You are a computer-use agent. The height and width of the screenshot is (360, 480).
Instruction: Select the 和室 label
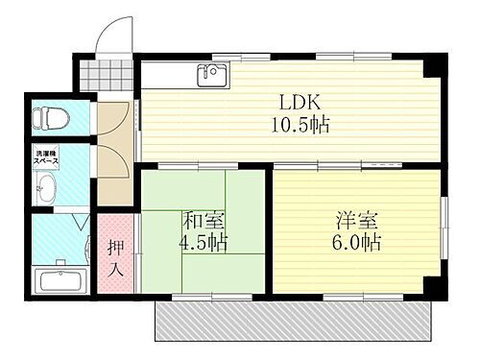[202, 220]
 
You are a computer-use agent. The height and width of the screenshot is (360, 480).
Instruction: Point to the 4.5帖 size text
[204, 242]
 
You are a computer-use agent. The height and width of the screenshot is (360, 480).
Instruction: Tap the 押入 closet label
[114, 257]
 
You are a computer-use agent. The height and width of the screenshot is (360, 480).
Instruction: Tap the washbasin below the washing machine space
[45, 189]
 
